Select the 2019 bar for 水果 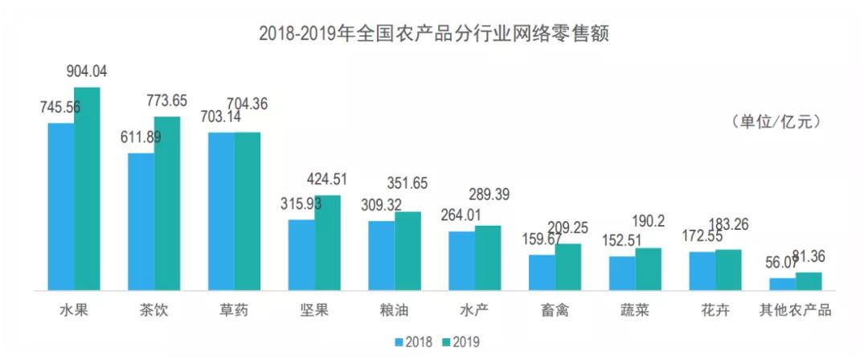click(x=87, y=188)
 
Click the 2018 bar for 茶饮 click(x=141, y=221)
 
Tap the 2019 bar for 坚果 click(x=328, y=242)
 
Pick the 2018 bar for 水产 click(x=461, y=260)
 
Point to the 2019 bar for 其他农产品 click(x=809, y=280)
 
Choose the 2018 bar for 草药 click(x=221, y=211)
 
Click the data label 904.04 click(x=87, y=72)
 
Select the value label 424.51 click(x=327, y=179)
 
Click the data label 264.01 click(x=461, y=215)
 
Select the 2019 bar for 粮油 click(x=407, y=250)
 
